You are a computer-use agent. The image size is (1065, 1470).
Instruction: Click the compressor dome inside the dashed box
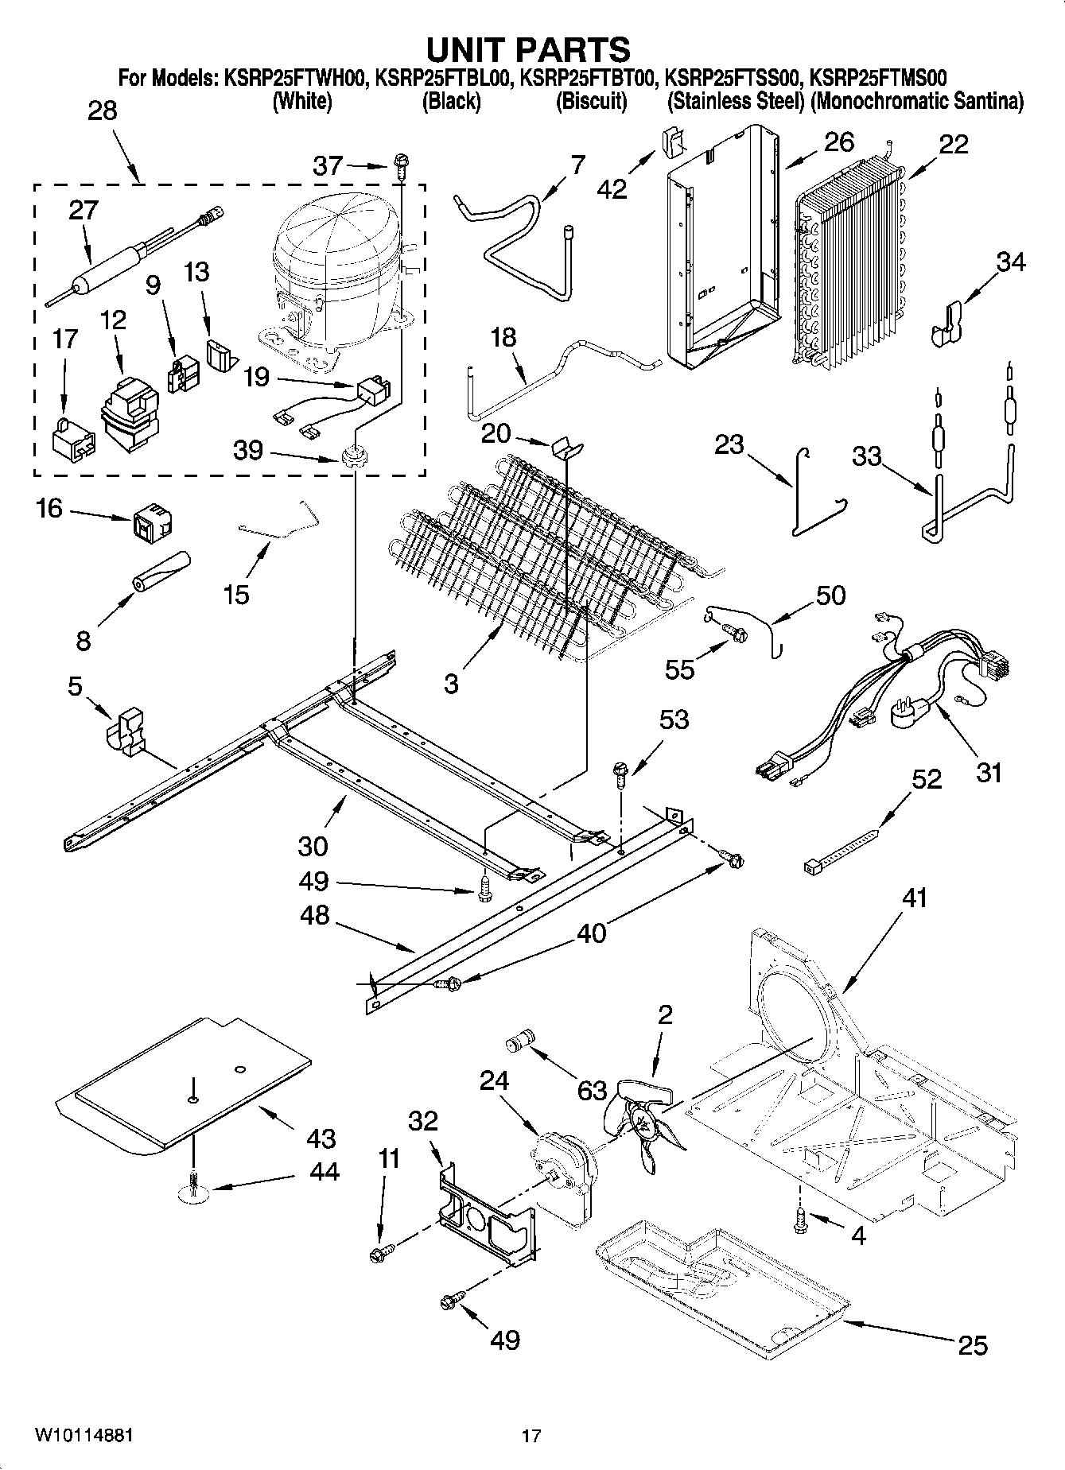click(334, 239)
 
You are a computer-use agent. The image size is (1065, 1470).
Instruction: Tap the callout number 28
click(103, 111)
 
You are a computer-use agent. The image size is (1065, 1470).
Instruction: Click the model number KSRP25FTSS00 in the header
click(731, 78)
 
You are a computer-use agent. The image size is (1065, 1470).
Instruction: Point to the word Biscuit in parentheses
click(591, 102)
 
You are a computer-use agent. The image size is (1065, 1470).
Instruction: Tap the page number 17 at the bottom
click(531, 1436)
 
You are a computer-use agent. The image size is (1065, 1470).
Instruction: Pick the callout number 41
click(915, 898)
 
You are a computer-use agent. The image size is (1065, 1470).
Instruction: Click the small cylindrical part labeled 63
click(522, 1041)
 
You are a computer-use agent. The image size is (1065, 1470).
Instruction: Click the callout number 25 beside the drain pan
click(972, 1345)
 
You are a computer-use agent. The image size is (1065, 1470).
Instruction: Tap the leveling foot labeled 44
click(194, 1187)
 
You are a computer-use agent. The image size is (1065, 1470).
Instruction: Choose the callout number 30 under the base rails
click(313, 846)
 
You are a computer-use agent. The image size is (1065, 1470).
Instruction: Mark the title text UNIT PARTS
click(528, 49)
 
